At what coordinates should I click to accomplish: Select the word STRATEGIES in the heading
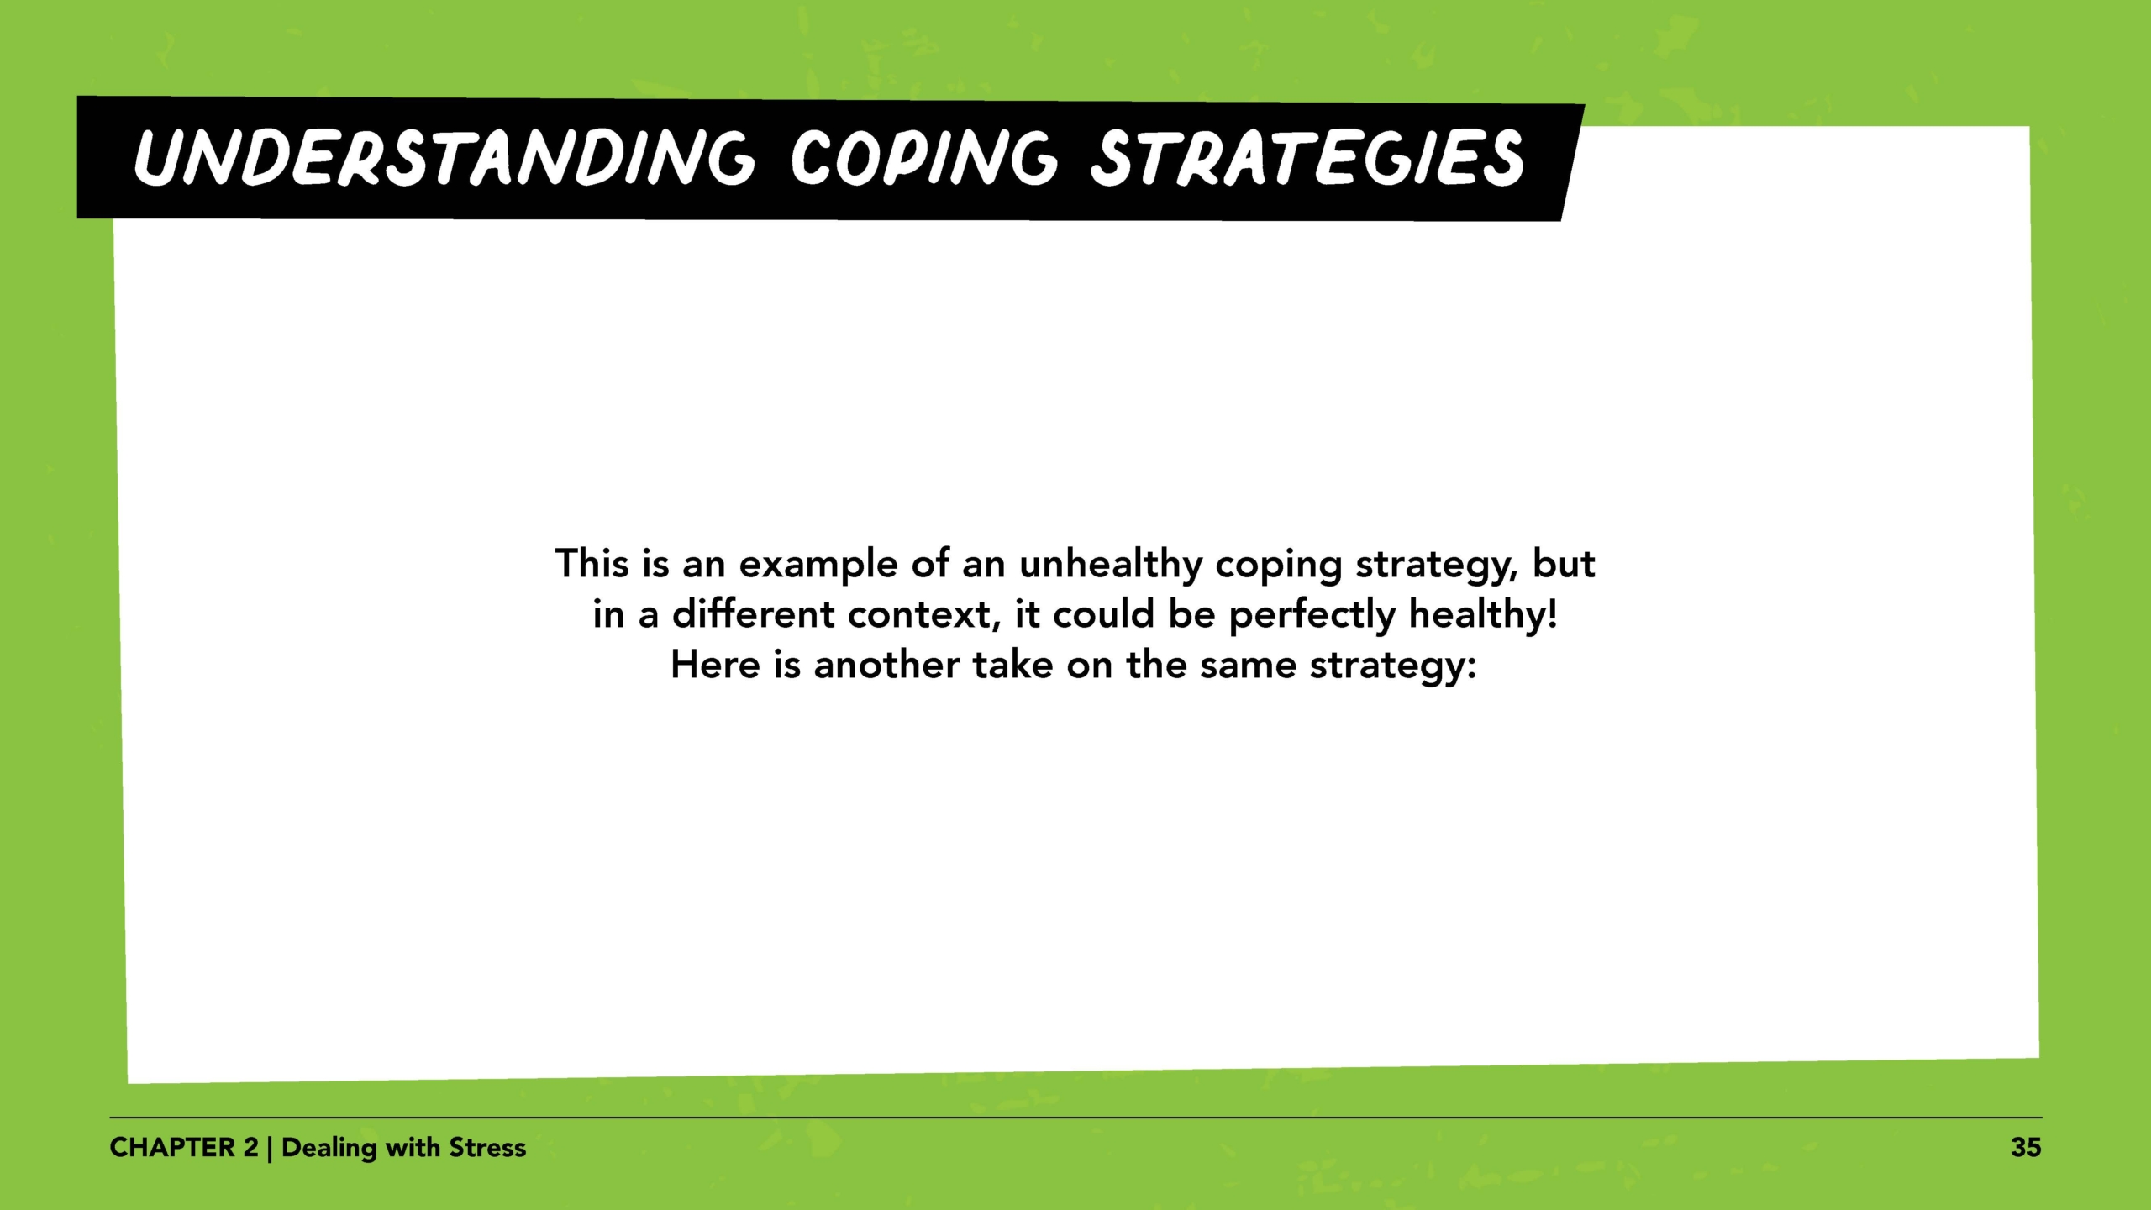1307,158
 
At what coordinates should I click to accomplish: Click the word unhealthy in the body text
1111,564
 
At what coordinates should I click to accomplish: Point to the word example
818,564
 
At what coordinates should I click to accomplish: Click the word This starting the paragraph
592,564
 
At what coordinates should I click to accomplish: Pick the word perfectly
1311,614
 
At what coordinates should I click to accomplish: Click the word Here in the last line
715,665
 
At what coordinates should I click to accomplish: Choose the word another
886,665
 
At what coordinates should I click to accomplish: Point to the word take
1012,665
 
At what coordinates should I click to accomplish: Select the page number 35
2026,1148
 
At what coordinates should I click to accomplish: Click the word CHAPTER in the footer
172,1148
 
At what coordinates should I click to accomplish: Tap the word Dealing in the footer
329,1148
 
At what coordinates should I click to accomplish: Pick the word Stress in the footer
487,1148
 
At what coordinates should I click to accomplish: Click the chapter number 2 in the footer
250,1148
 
